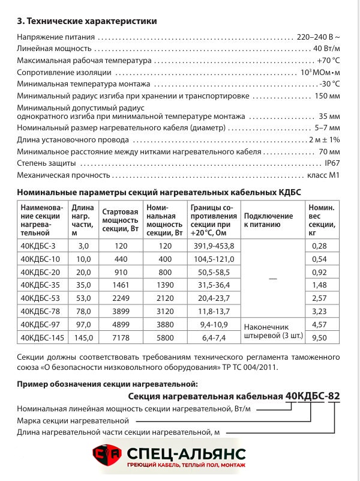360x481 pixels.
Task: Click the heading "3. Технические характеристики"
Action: tap(88, 21)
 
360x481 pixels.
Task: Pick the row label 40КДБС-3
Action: tap(38, 246)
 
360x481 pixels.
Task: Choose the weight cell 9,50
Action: tap(321, 338)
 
